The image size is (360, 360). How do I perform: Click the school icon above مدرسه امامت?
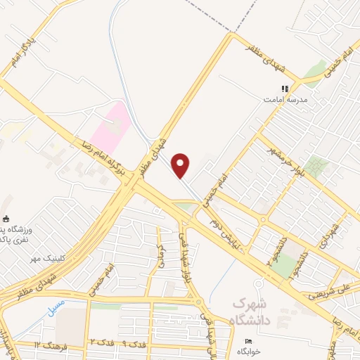coord(285,89)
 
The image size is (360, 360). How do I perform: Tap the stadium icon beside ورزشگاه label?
coord(6,219)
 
